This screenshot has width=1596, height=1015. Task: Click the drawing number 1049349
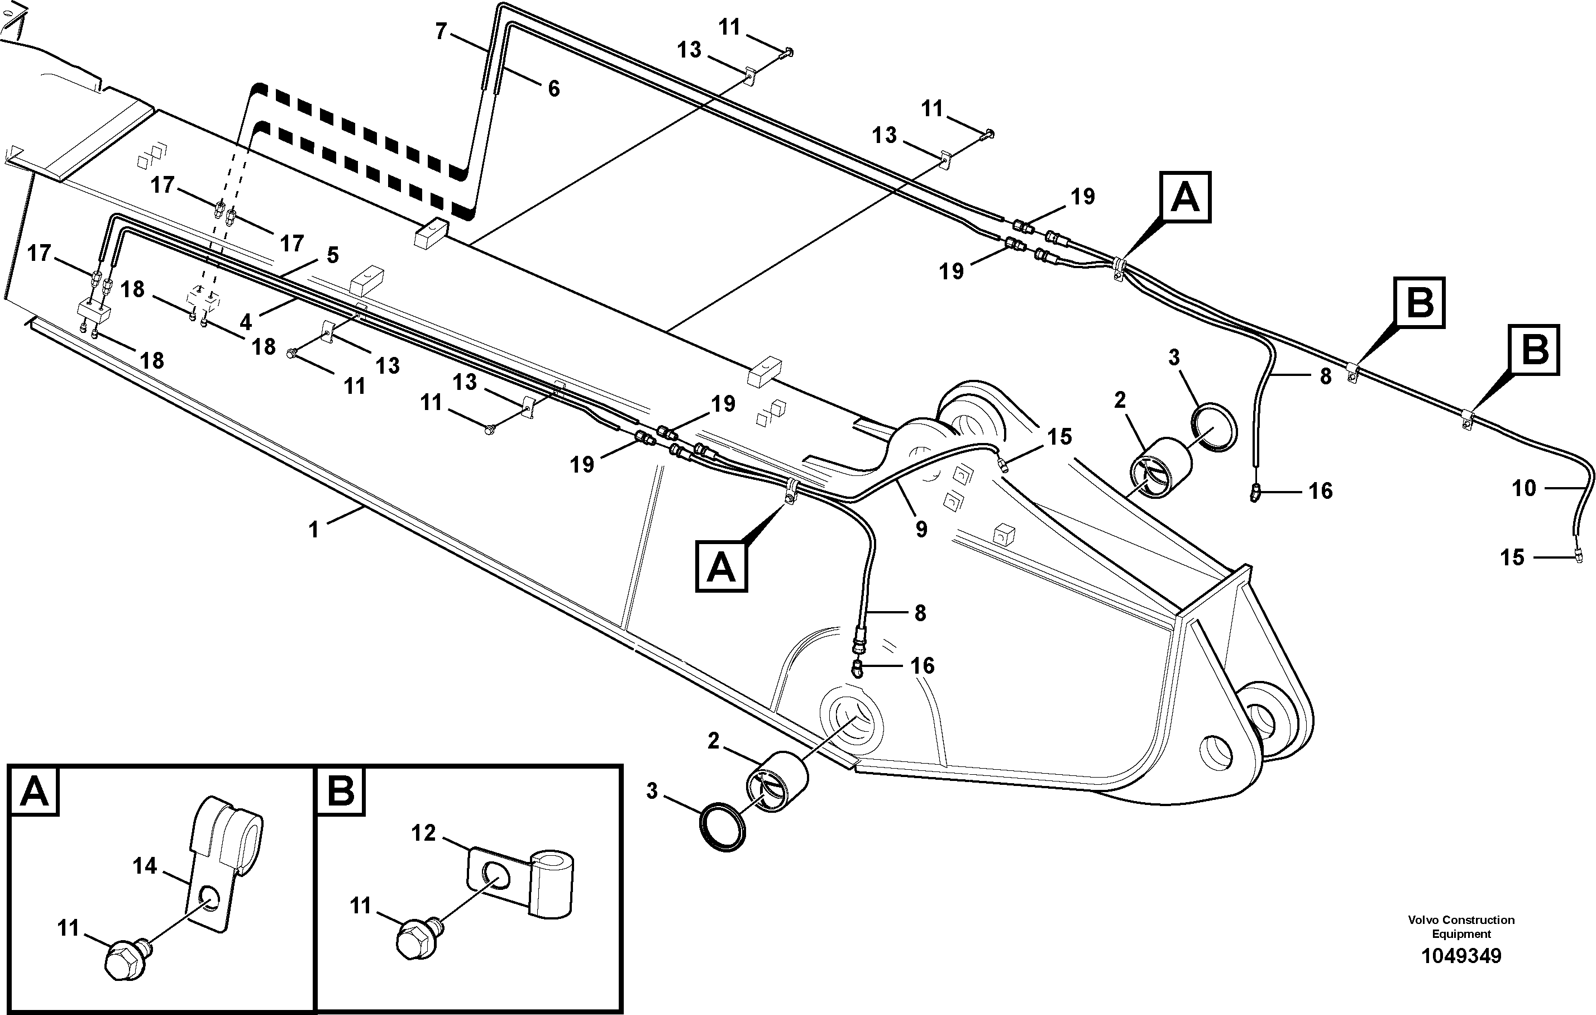point(1461,955)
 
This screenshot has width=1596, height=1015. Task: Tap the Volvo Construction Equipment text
point(1461,926)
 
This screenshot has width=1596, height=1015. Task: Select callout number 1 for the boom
point(313,529)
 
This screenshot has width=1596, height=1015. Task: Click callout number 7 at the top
point(441,31)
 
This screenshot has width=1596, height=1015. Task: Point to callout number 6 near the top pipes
point(553,88)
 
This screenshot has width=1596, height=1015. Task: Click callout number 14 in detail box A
point(145,865)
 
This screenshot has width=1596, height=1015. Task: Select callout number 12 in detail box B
point(423,833)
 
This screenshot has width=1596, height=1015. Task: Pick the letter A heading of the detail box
point(35,792)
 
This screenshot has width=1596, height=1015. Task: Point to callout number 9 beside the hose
point(921,528)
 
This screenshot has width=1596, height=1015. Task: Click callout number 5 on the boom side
point(333,255)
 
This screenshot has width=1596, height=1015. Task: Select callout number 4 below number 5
point(246,322)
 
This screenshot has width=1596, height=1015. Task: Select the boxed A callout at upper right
point(1185,197)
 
